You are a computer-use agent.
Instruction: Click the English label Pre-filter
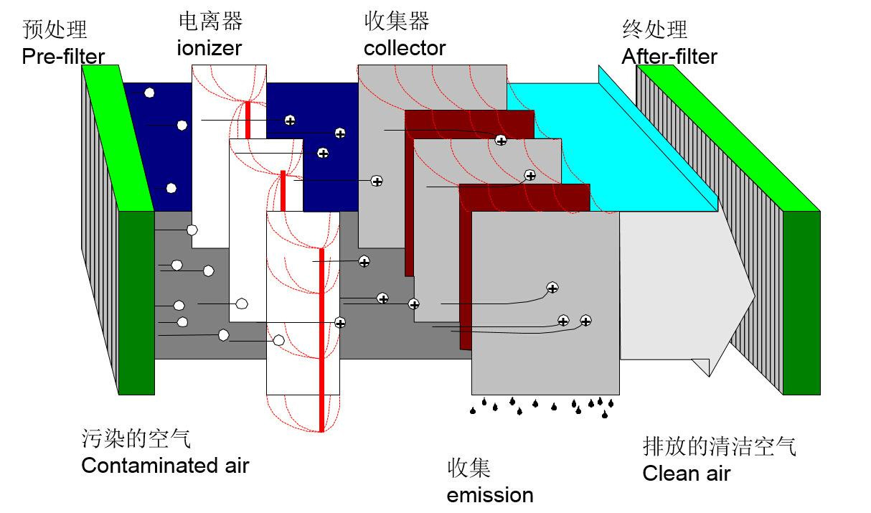[x=63, y=56]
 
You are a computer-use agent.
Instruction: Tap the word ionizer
[x=209, y=48]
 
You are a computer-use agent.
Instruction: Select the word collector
[x=405, y=48]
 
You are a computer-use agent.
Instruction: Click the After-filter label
[x=669, y=56]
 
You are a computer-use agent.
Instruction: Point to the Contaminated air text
[x=165, y=465]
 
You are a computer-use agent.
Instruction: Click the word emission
[x=490, y=495]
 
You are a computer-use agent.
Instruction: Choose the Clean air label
[x=686, y=474]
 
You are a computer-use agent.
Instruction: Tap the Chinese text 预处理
[x=55, y=29]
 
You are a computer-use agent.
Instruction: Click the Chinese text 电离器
[x=210, y=22]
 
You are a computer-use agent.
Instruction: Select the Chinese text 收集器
[x=397, y=22]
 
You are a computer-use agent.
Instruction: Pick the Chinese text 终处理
[x=654, y=29]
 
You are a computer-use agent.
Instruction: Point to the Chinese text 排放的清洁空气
[x=719, y=446]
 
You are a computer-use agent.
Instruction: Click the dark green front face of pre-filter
[x=136, y=301]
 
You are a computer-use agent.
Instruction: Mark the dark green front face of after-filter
[x=801, y=301]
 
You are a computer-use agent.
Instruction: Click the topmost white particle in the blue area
[x=149, y=93]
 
